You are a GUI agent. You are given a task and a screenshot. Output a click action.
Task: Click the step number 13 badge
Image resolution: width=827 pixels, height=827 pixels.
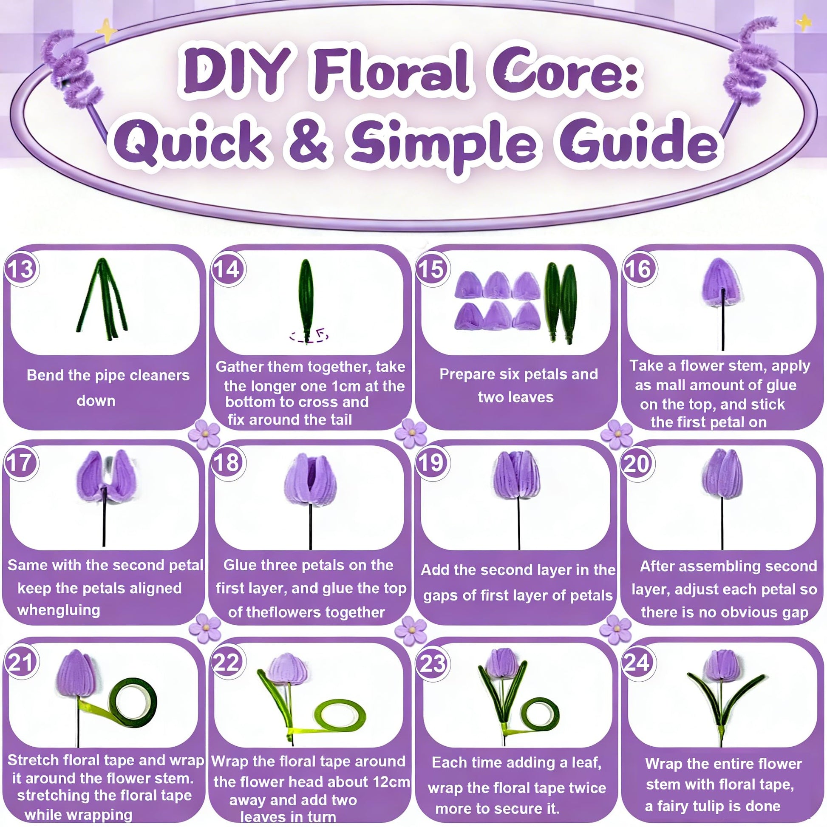[21, 269]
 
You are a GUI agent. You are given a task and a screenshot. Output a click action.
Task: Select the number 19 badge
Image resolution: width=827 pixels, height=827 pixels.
[432, 463]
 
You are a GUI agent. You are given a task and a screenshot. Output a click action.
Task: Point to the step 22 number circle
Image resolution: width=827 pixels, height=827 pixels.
[227, 663]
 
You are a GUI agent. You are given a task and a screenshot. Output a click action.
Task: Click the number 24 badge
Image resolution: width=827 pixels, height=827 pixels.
[638, 663]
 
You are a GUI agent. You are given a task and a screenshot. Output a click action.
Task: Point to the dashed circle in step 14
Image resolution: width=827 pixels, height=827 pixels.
[309, 337]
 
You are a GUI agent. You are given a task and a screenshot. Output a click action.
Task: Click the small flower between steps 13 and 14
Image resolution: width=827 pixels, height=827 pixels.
[204, 434]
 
